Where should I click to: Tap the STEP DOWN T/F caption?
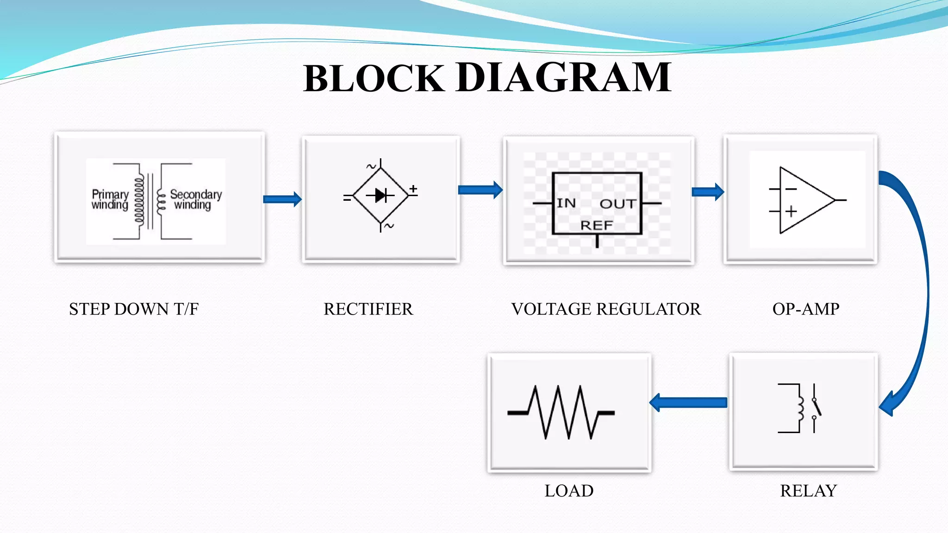134,309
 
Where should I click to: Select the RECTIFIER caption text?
368,309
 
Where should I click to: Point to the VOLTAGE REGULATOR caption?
606,309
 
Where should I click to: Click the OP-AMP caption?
805,309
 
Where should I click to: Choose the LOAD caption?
569,491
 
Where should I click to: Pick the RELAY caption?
808,491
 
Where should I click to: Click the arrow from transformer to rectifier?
282,199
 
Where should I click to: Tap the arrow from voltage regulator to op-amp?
707,192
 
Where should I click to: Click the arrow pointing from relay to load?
688,403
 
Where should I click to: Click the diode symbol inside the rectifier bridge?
380,196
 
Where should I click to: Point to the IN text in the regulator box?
566,203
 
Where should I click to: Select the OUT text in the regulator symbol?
618,204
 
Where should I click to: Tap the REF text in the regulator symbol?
597,226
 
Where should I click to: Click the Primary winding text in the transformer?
110,199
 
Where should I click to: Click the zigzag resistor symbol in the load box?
561,412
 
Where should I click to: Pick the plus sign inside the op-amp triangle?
791,211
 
